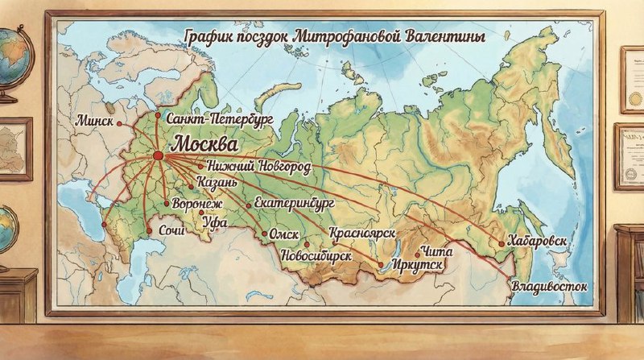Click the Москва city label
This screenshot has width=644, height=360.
[x=206, y=145]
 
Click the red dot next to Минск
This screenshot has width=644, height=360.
[x=119, y=124]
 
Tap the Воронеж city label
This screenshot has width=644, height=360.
[x=197, y=205]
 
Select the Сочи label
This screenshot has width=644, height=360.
[x=172, y=231]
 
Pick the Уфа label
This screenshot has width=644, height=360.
[x=216, y=221]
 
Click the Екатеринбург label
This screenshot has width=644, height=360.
[x=294, y=204]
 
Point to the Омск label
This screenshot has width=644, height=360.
[x=285, y=235]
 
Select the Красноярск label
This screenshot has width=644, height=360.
[x=362, y=234]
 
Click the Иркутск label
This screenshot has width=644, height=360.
[x=416, y=264]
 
